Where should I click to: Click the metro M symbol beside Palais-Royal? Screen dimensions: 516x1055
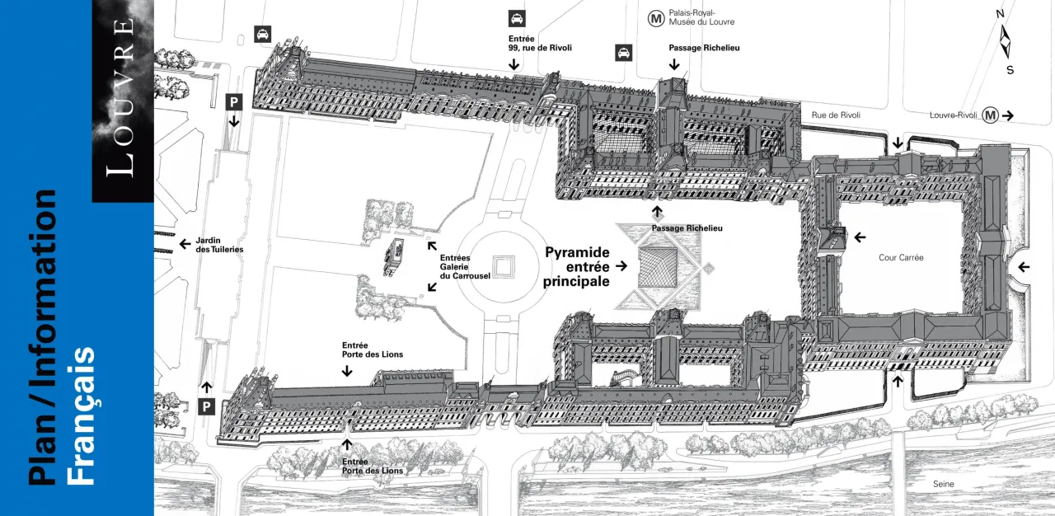[x=657, y=17]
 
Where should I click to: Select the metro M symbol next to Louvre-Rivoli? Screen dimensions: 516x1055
[x=990, y=115]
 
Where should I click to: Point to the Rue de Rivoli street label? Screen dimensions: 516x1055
[x=836, y=115]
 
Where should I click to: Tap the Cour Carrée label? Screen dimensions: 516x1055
[x=901, y=258]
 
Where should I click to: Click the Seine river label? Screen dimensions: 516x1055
[x=944, y=484]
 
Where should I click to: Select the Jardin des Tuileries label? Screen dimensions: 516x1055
[x=219, y=244]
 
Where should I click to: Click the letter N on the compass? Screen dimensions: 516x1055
[x=1000, y=14]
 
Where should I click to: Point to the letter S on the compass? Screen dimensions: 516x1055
[x=1010, y=70]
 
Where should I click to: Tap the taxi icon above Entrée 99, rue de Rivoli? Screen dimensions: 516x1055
[x=517, y=19]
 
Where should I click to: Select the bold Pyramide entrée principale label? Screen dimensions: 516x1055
[x=577, y=266]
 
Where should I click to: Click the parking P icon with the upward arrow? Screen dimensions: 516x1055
[x=207, y=406]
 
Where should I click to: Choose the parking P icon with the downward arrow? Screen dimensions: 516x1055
[x=234, y=101]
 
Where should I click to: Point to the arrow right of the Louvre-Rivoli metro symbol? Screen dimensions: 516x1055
[x=1008, y=116]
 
